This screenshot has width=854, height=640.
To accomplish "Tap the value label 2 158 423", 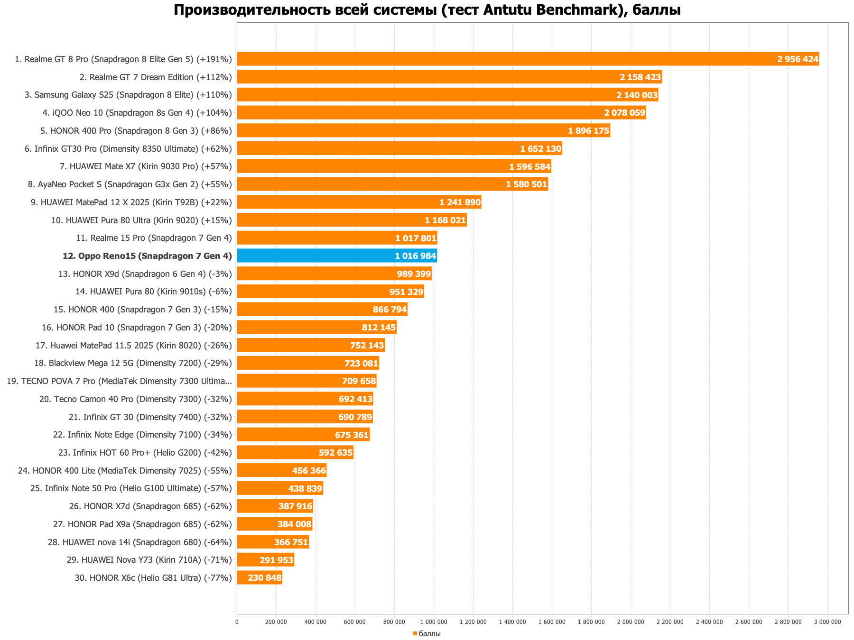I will point(640,77).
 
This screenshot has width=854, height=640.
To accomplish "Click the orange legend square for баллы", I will point(415,633).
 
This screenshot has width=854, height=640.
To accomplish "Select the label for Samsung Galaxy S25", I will point(128,95).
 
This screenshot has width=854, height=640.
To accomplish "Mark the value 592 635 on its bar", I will point(335,453).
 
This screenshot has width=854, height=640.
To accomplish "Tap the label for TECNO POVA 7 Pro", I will point(120,381).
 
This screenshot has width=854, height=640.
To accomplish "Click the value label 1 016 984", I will point(415,256).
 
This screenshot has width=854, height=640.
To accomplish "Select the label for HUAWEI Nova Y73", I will point(149,560).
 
